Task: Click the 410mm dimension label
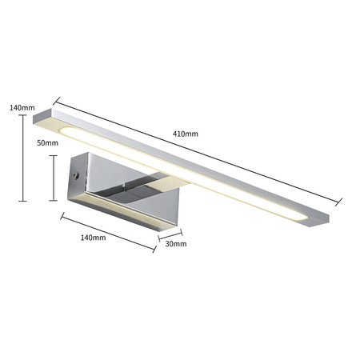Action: tap(186, 134)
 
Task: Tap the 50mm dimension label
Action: tap(48, 143)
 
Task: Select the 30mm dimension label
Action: tap(175, 245)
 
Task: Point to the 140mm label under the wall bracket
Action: tap(93, 238)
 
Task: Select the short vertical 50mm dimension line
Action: tap(53, 177)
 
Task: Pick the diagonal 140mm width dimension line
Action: tap(107, 233)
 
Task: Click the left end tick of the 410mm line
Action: tap(56, 101)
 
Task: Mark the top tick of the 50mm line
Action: tap(53, 156)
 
